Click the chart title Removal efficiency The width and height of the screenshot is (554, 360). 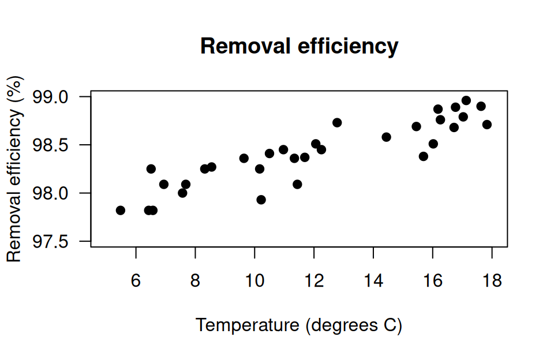299,46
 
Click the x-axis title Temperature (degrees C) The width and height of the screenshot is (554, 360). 299,325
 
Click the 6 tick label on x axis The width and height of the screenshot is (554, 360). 136,281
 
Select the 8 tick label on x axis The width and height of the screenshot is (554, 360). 196,281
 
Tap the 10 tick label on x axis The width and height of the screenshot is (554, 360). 255,281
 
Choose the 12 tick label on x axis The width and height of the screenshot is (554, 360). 314,281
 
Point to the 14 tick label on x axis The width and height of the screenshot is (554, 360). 373,281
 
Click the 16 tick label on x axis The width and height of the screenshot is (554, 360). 433,281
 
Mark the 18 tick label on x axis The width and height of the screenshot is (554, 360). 492,281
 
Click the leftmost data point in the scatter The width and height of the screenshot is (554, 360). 121,210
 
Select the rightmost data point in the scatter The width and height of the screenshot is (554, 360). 487,125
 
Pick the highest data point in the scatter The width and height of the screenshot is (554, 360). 466,101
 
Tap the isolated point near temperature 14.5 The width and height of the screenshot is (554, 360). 387,137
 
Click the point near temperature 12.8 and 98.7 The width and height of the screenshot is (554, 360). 337,122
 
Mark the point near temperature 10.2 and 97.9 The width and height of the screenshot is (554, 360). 261,200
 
